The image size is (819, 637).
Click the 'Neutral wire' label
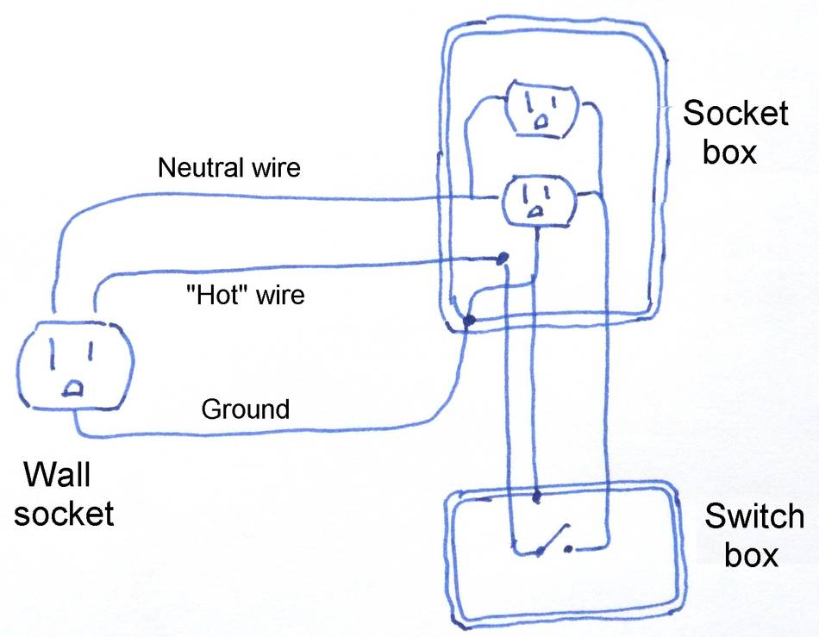(229, 167)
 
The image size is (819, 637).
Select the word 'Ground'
(245, 409)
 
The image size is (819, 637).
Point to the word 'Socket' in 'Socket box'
(735, 113)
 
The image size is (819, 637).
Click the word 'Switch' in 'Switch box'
(753, 517)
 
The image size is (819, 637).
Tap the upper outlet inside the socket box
(541, 109)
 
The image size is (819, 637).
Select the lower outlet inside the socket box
(535, 201)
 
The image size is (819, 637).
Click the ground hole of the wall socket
(74, 388)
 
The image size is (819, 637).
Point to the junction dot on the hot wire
(503, 258)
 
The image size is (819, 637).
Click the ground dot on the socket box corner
(468, 322)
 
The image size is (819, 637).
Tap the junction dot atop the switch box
(536, 496)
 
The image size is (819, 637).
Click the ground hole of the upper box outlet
(541, 122)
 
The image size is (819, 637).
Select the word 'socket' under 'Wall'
(64, 514)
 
